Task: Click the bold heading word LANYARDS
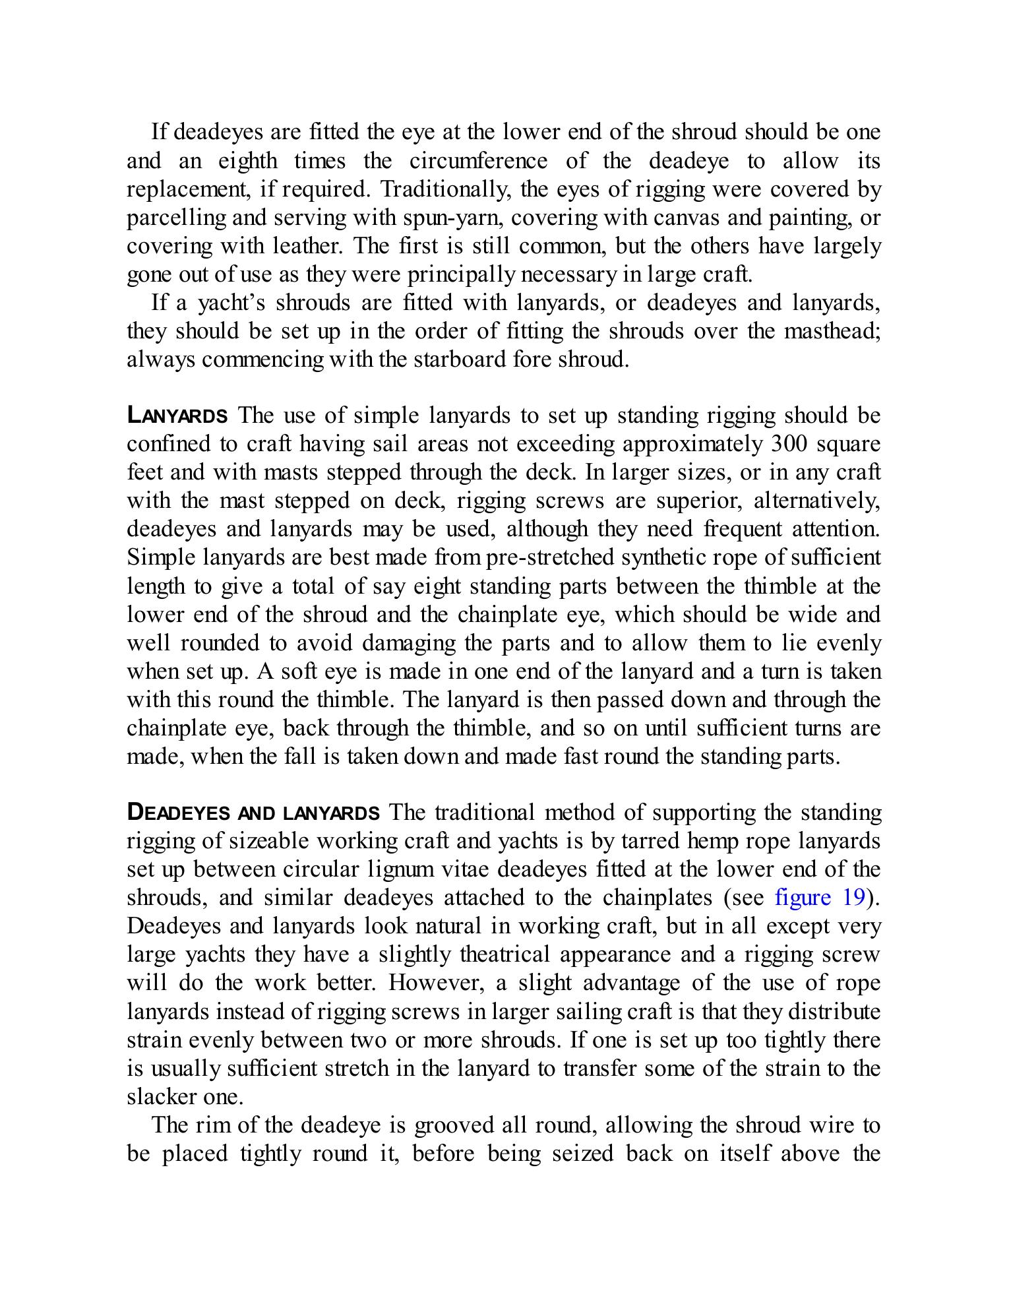click(x=177, y=416)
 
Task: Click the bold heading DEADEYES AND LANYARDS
click(x=253, y=813)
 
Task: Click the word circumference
click(x=478, y=161)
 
